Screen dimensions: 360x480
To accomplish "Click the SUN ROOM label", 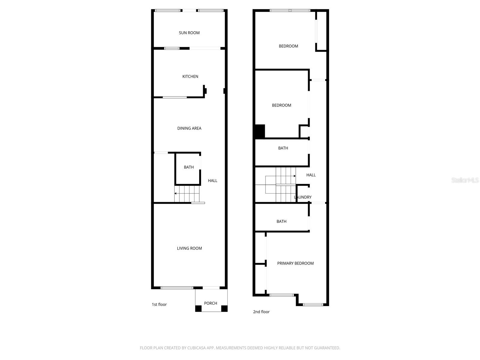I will pos(189,33).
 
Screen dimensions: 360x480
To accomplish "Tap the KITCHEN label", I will pos(190,76).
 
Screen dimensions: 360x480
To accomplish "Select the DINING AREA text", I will pos(189,128).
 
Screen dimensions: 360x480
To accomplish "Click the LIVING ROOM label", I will pos(189,248).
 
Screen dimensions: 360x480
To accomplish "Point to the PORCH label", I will pos(210,303).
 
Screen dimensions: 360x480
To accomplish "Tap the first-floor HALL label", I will pos(212,181).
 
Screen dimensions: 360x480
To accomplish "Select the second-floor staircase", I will pos(280,184).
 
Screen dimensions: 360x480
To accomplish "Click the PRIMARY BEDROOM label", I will pos(295,263).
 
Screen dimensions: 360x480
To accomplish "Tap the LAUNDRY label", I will pos(303,197).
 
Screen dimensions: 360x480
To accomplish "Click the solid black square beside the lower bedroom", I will pos(259,131).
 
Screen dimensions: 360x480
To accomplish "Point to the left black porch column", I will pos(198,308).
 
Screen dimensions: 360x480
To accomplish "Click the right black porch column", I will pos(224,308).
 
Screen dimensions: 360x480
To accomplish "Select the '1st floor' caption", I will pos(159,304).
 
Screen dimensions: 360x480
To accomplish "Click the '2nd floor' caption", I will pos(261,312).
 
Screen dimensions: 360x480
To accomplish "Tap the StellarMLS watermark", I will pos(465,180).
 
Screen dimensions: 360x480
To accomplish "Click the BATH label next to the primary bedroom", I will pos(281,221).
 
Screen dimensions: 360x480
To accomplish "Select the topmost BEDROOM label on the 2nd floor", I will pos(288,46).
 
